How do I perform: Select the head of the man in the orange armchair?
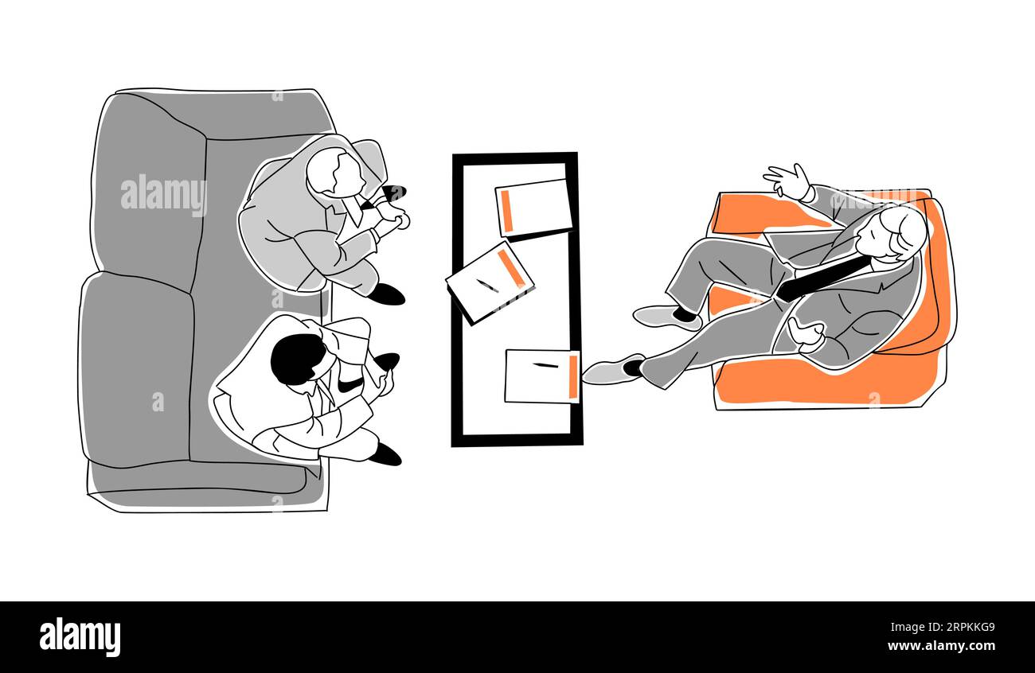tap(901, 232)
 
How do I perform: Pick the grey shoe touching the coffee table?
tap(611, 371)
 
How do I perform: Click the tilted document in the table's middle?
tap(489, 282)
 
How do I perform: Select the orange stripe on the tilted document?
tap(511, 268)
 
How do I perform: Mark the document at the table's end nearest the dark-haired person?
tap(541, 376)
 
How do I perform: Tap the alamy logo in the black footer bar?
tap(80, 637)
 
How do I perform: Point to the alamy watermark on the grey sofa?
tap(163, 195)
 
